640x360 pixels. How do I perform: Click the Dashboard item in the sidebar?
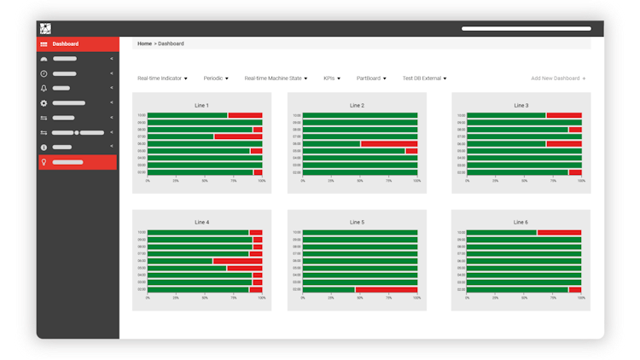(x=65, y=44)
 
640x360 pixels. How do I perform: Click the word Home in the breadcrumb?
(x=144, y=44)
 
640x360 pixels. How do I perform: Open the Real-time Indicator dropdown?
(x=162, y=78)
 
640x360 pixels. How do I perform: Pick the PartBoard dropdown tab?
(x=371, y=78)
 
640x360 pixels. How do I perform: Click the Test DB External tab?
(x=424, y=78)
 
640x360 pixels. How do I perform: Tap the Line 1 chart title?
(x=201, y=106)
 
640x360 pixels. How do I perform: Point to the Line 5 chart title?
(x=357, y=223)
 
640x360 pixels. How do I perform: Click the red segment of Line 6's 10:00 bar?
(x=559, y=232)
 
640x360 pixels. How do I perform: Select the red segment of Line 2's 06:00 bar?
(x=389, y=144)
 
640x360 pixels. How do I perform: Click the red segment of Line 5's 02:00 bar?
(x=386, y=290)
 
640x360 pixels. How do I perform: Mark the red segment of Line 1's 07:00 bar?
(x=238, y=136)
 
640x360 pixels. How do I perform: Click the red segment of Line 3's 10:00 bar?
(x=563, y=115)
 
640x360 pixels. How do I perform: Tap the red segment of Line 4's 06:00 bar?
(x=237, y=261)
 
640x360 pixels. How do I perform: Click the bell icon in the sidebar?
(x=44, y=88)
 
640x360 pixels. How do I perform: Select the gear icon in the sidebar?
(x=44, y=103)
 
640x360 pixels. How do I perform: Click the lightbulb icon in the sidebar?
(x=44, y=162)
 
